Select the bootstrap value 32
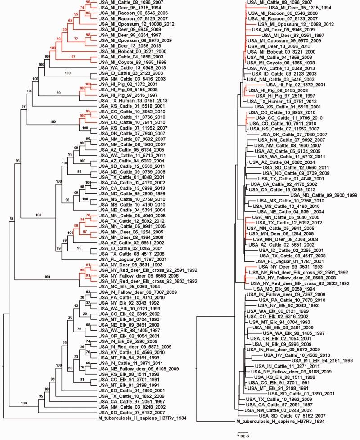pos(89,303)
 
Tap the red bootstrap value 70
pos(89,216)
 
